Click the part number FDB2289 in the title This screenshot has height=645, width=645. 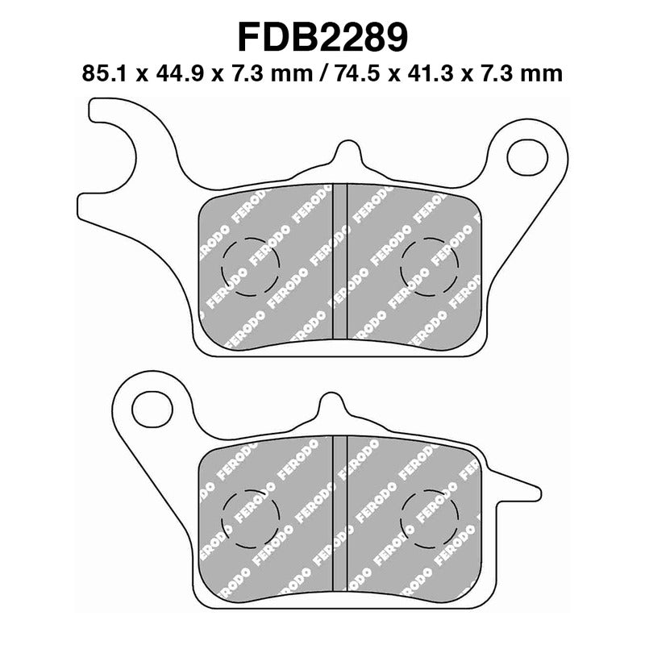pyautogui.click(x=322, y=37)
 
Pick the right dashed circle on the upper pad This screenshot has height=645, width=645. pyautogui.click(x=428, y=266)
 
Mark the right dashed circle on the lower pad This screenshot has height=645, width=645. pyautogui.click(x=428, y=516)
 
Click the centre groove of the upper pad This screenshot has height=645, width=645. pyautogui.click(x=339, y=262)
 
